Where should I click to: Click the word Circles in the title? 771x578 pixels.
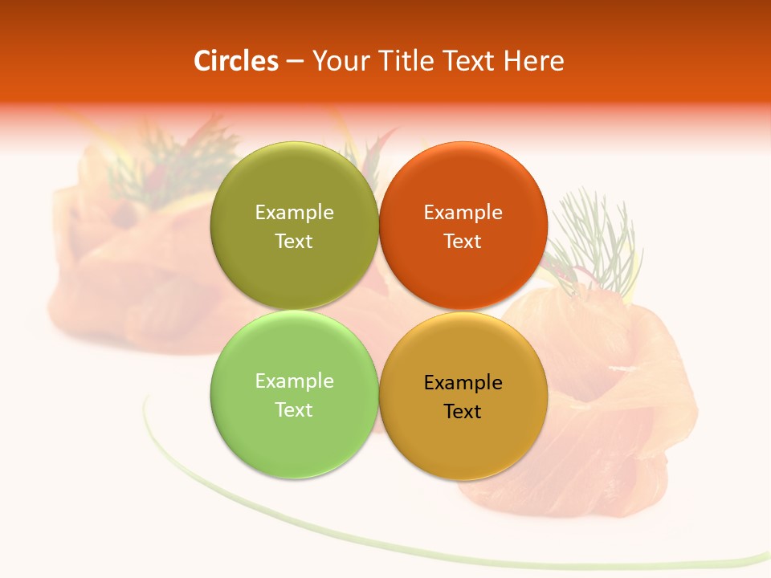click(x=235, y=61)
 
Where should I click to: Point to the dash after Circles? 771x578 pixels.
click(x=295, y=62)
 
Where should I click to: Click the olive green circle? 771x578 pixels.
click(x=294, y=273)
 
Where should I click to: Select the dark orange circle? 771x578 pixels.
click(x=463, y=273)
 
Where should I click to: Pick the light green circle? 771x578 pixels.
click(x=294, y=442)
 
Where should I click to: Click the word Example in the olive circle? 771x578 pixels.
click(x=294, y=213)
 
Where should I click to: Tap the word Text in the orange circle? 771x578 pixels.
click(x=463, y=242)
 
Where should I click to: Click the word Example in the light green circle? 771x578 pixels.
click(x=294, y=381)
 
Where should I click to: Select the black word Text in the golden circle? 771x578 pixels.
click(x=463, y=412)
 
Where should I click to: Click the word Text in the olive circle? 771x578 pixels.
click(x=294, y=242)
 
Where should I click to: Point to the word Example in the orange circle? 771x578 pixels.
click(x=463, y=213)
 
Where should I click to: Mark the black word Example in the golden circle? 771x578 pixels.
click(x=463, y=383)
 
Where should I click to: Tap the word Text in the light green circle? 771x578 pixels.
click(x=294, y=410)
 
